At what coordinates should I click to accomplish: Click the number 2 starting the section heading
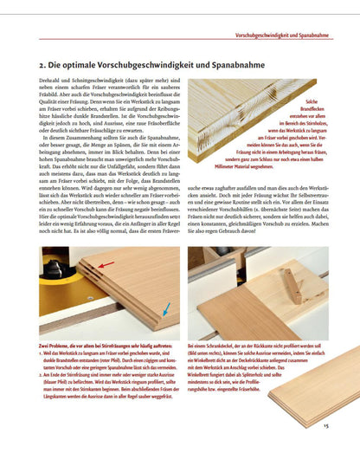44,65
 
